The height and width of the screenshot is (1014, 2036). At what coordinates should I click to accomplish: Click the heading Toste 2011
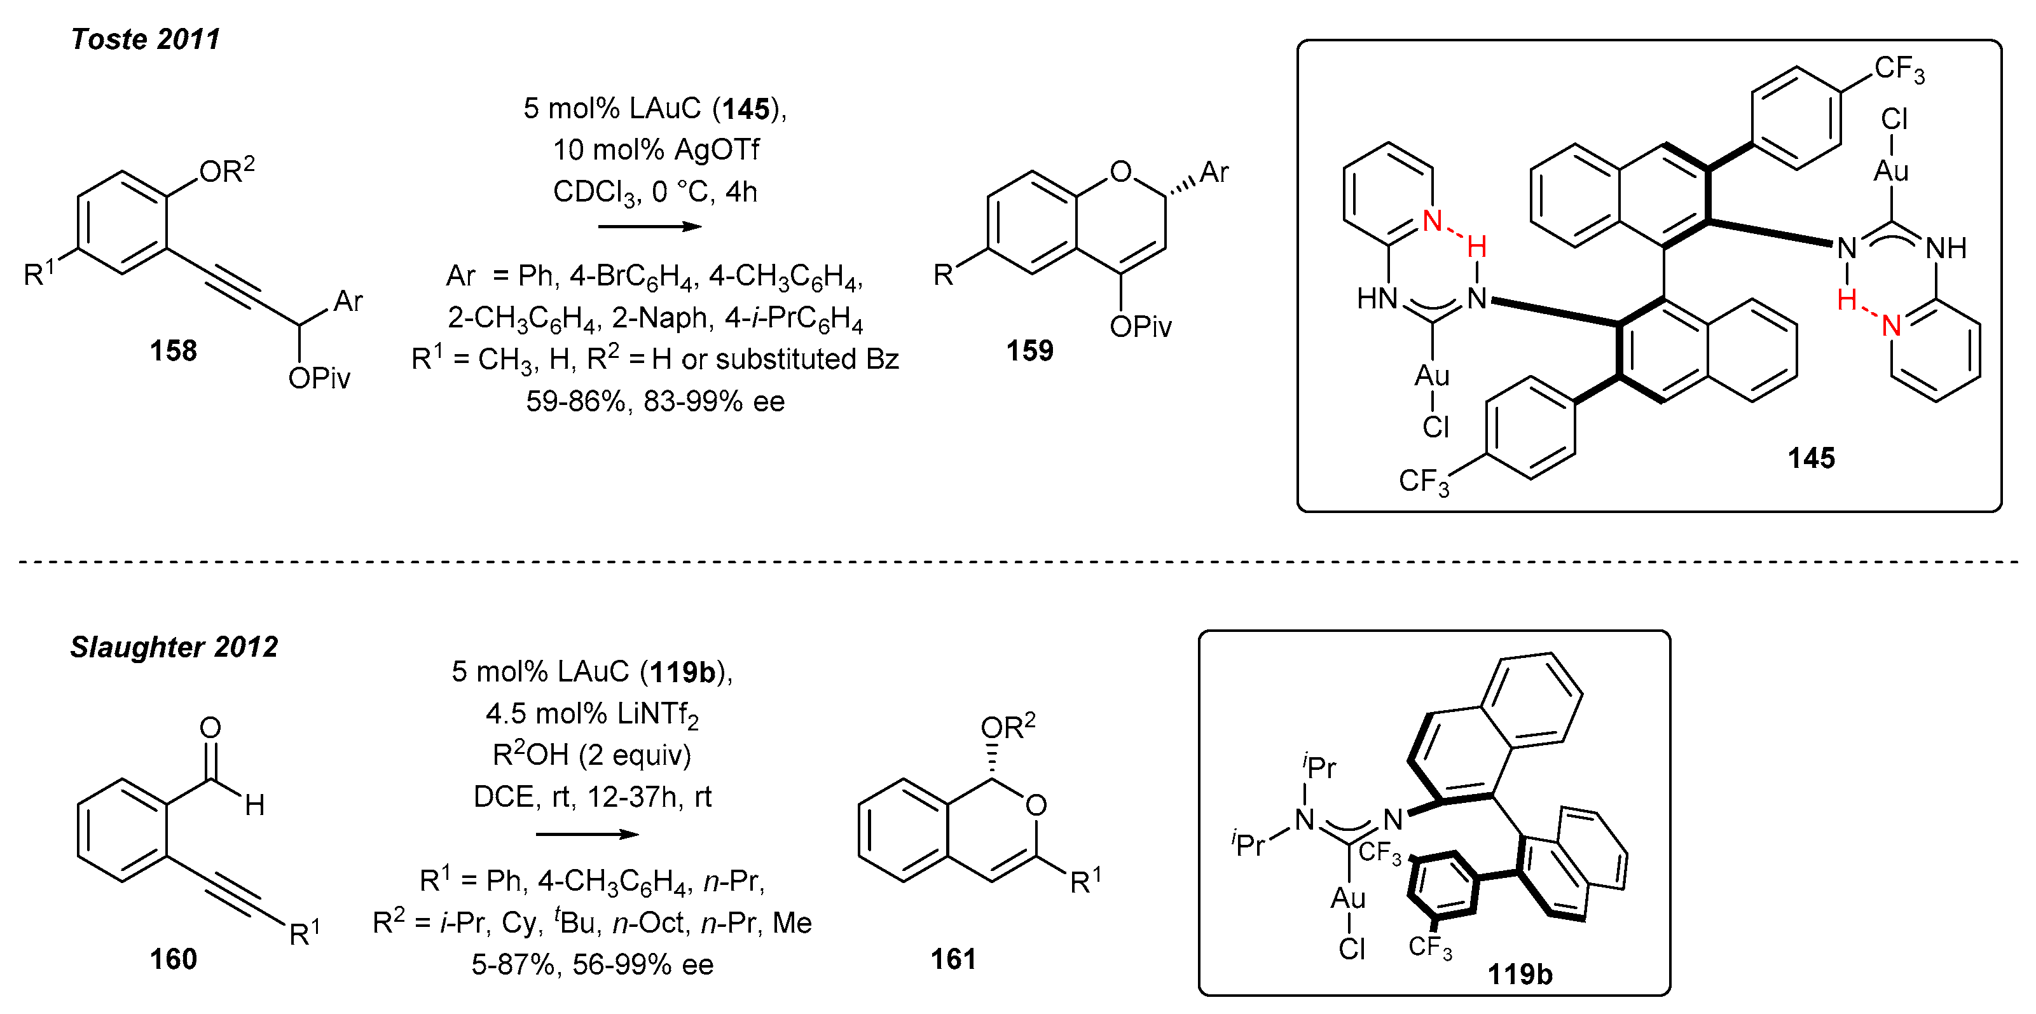(146, 39)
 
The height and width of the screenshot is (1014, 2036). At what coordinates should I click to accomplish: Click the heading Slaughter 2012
(174, 647)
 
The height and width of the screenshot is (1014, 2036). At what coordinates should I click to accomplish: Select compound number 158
(173, 350)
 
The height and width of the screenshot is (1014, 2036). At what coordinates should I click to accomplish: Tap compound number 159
(1029, 350)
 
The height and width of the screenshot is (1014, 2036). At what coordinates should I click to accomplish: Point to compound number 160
(173, 959)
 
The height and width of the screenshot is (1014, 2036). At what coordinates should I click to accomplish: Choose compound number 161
(953, 959)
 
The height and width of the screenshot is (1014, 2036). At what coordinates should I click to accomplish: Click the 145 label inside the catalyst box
(1811, 458)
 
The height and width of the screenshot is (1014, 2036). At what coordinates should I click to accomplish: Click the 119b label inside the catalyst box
(1519, 975)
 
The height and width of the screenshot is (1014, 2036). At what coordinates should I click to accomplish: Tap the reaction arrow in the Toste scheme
(650, 228)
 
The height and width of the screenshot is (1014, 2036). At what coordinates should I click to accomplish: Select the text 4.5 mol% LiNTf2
(592, 715)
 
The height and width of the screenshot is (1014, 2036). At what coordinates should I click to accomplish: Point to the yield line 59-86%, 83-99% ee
(655, 402)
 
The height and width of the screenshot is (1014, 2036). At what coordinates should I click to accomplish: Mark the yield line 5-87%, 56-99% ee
(592, 965)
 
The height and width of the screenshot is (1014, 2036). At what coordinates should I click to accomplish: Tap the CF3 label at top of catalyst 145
(1899, 69)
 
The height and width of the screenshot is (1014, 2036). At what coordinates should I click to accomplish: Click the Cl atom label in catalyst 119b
(1352, 949)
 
